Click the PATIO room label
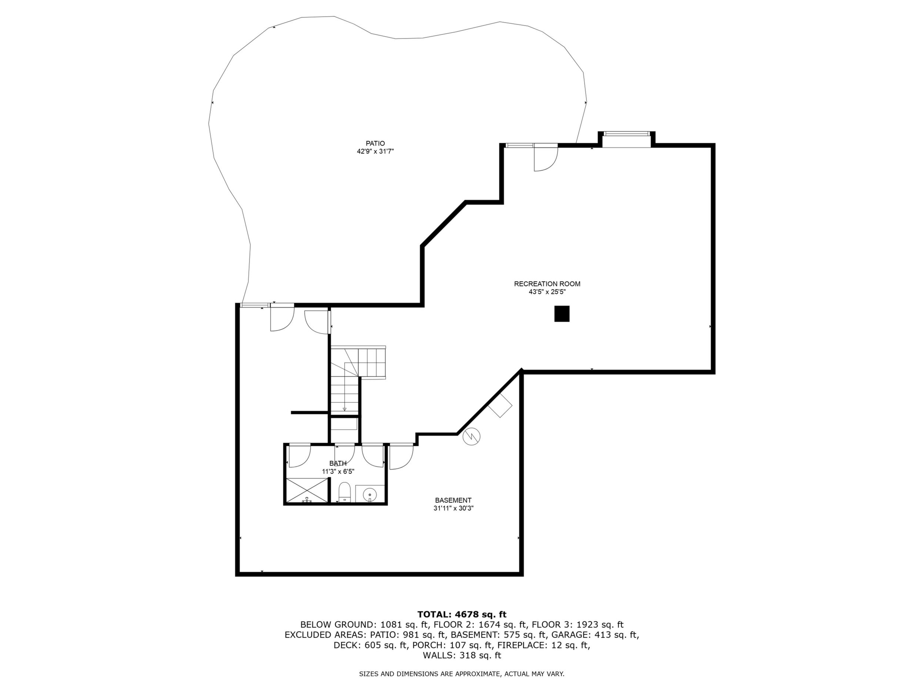click(375, 143)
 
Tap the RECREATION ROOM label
click(547, 284)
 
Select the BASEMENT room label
click(453, 500)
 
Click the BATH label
click(338, 463)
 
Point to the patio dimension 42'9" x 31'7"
click(375, 152)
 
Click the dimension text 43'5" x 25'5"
click(547, 292)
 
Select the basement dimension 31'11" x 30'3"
click(453, 509)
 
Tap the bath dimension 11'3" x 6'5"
click(338, 472)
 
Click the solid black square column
click(562, 314)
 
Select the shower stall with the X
click(307, 491)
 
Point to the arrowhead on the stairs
click(345, 409)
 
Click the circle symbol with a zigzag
click(472, 437)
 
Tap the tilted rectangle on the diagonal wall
click(500, 405)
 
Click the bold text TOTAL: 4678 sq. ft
click(462, 615)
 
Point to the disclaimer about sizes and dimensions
click(462, 674)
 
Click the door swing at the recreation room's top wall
click(546, 159)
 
